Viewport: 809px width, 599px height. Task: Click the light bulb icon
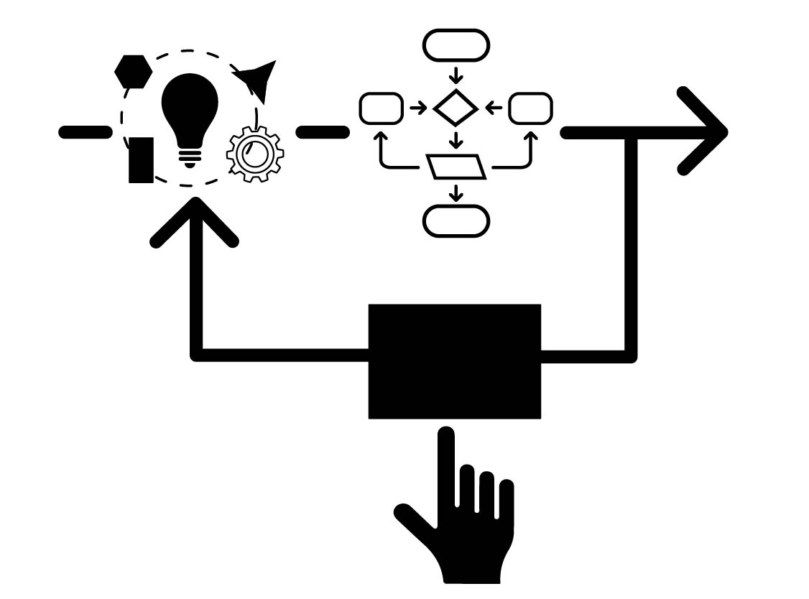[x=189, y=108]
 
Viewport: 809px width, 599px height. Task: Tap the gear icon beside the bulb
[x=255, y=154]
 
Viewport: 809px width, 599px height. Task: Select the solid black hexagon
[x=134, y=72]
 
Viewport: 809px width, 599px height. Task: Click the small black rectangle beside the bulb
[x=141, y=159]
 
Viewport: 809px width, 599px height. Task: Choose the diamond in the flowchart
[x=456, y=108]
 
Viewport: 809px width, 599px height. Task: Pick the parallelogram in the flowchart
[x=456, y=166]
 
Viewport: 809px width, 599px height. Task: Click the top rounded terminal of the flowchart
[x=456, y=46]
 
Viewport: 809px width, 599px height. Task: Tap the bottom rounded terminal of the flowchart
[x=456, y=220]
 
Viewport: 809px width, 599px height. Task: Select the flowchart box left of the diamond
[x=381, y=108]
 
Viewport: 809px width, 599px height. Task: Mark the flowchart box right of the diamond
[x=530, y=108]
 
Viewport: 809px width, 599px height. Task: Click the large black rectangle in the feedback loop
[x=454, y=361]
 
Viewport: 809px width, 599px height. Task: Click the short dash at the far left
[x=85, y=132]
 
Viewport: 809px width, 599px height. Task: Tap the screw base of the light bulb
[x=189, y=157]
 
